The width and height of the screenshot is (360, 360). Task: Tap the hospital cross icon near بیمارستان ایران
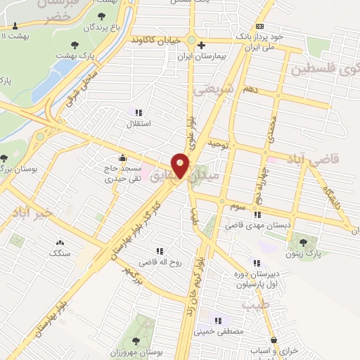[x=201, y=45]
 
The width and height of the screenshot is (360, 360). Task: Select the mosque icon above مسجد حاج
[x=124, y=157]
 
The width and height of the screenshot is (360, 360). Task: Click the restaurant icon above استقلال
[x=139, y=112]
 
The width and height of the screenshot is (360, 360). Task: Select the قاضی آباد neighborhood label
[x=314, y=159]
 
